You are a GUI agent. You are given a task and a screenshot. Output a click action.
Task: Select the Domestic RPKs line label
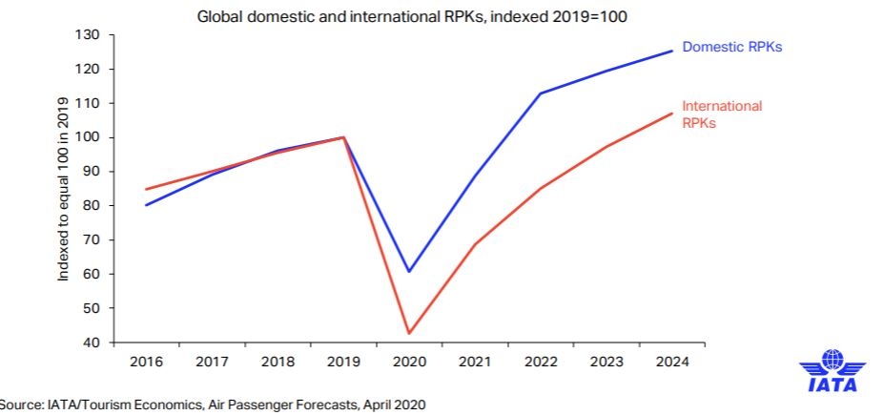[x=733, y=47]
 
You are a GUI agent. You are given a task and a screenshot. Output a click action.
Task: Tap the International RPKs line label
[x=722, y=114]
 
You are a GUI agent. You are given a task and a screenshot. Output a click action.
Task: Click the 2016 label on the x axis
[x=146, y=363]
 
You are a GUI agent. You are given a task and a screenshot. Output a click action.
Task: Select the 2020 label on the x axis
[x=408, y=363]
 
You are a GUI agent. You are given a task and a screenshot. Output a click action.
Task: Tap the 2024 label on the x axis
[x=671, y=363]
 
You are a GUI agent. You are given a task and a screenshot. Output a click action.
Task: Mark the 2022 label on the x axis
[x=540, y=363]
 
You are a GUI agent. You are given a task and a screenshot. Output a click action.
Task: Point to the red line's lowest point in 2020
[x=408, y=333]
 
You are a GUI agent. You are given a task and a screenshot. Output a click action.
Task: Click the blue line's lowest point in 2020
[x=408, y=272]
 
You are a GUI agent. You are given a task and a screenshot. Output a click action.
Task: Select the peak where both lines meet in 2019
[x=343, y=137]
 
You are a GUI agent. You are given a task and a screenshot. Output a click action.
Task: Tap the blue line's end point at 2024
[x=672, y=51]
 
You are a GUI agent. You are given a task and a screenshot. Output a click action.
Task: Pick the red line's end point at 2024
[x=672, y=114]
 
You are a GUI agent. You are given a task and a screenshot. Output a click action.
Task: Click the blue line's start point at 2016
[x=146, y=205]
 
